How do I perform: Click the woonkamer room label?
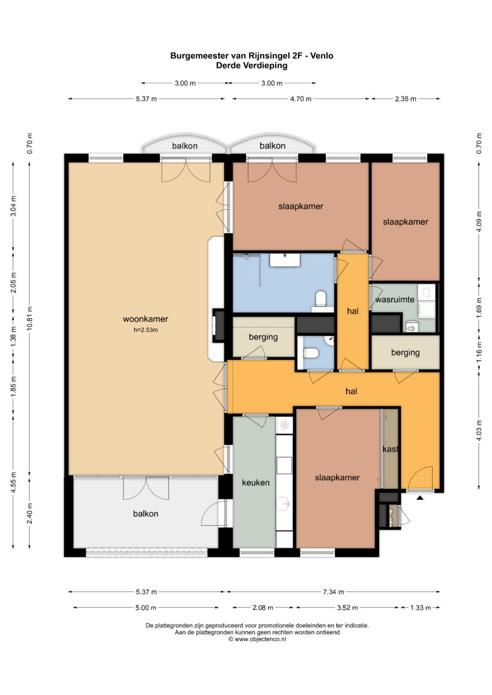(x=145, y=319)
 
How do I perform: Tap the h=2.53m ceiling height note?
(x=146, y=330)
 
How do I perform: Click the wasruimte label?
(x=395, y=299)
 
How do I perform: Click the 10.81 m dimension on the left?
(x=30, y=318)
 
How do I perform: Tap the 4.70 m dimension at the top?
(x=301, y=99)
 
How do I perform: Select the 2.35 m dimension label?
(x=405, y=99)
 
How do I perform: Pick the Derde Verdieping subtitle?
(x=251, y=66)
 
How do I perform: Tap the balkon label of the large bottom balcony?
(x=146, y=513)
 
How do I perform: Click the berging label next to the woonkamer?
(x=263, y=337)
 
